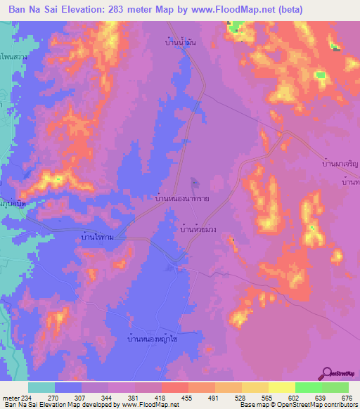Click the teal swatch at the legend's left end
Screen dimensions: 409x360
tap(41, 387)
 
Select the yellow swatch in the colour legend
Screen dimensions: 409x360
tap(281, 387)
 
